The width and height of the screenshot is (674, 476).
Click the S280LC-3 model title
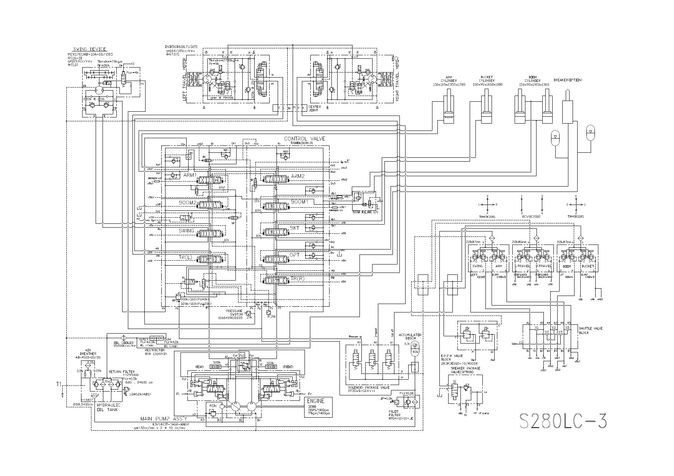pyautogui.click(x=563, y=421)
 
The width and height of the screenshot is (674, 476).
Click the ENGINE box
pyautogui.click(x=318, y=407)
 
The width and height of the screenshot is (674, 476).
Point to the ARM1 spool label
pyautogui.click(x=190, y=175)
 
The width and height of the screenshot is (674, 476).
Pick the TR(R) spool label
pyautogui.click(x=298, y=278)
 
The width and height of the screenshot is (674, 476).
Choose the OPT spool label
pyautogui.click(x=295, y=255)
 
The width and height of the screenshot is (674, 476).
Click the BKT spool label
pyautogui.click(x=295, y=228)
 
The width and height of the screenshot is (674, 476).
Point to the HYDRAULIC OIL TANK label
pyautogui.click(x=108, y=407)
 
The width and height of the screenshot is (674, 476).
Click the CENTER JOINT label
pyautogui.click(x=315, y=109)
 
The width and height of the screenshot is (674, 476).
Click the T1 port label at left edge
pyautogui.click(x=59, y=384)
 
